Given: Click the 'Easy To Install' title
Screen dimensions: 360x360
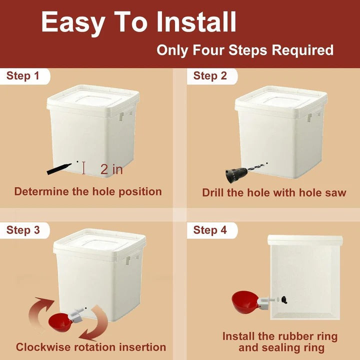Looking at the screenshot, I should pos(138,22).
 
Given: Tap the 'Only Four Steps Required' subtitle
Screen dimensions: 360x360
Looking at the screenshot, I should pos(245,50).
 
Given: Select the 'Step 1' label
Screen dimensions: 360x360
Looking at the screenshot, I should pos(23,76).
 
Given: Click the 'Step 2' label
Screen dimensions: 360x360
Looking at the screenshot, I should pos(210,76).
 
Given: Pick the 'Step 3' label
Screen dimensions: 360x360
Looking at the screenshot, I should pos(23,230).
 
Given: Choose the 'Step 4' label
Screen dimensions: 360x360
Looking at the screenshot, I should pos(210,230).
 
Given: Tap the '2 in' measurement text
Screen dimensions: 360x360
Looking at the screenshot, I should pos(111,169).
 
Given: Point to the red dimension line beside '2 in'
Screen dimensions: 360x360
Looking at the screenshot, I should pos(84,168).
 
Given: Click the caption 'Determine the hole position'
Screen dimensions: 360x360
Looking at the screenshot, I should pos(88,191).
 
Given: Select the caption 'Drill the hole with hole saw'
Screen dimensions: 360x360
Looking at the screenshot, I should pos(274,192).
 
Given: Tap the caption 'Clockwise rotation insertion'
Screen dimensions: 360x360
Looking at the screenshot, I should pos(91,347).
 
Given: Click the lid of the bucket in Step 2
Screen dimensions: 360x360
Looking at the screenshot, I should pos(281,99).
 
